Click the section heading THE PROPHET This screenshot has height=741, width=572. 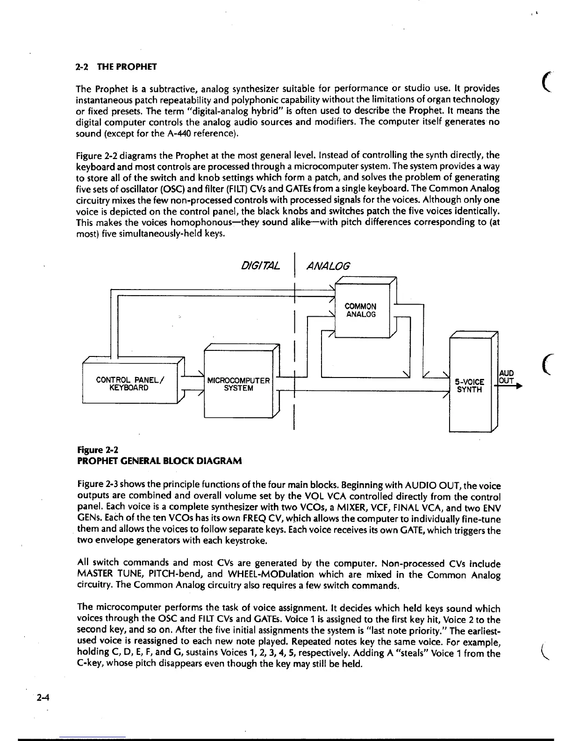point(126,66)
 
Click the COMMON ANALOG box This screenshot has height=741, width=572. point(361,310)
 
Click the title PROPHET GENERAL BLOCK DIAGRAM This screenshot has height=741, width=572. point(159,461)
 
